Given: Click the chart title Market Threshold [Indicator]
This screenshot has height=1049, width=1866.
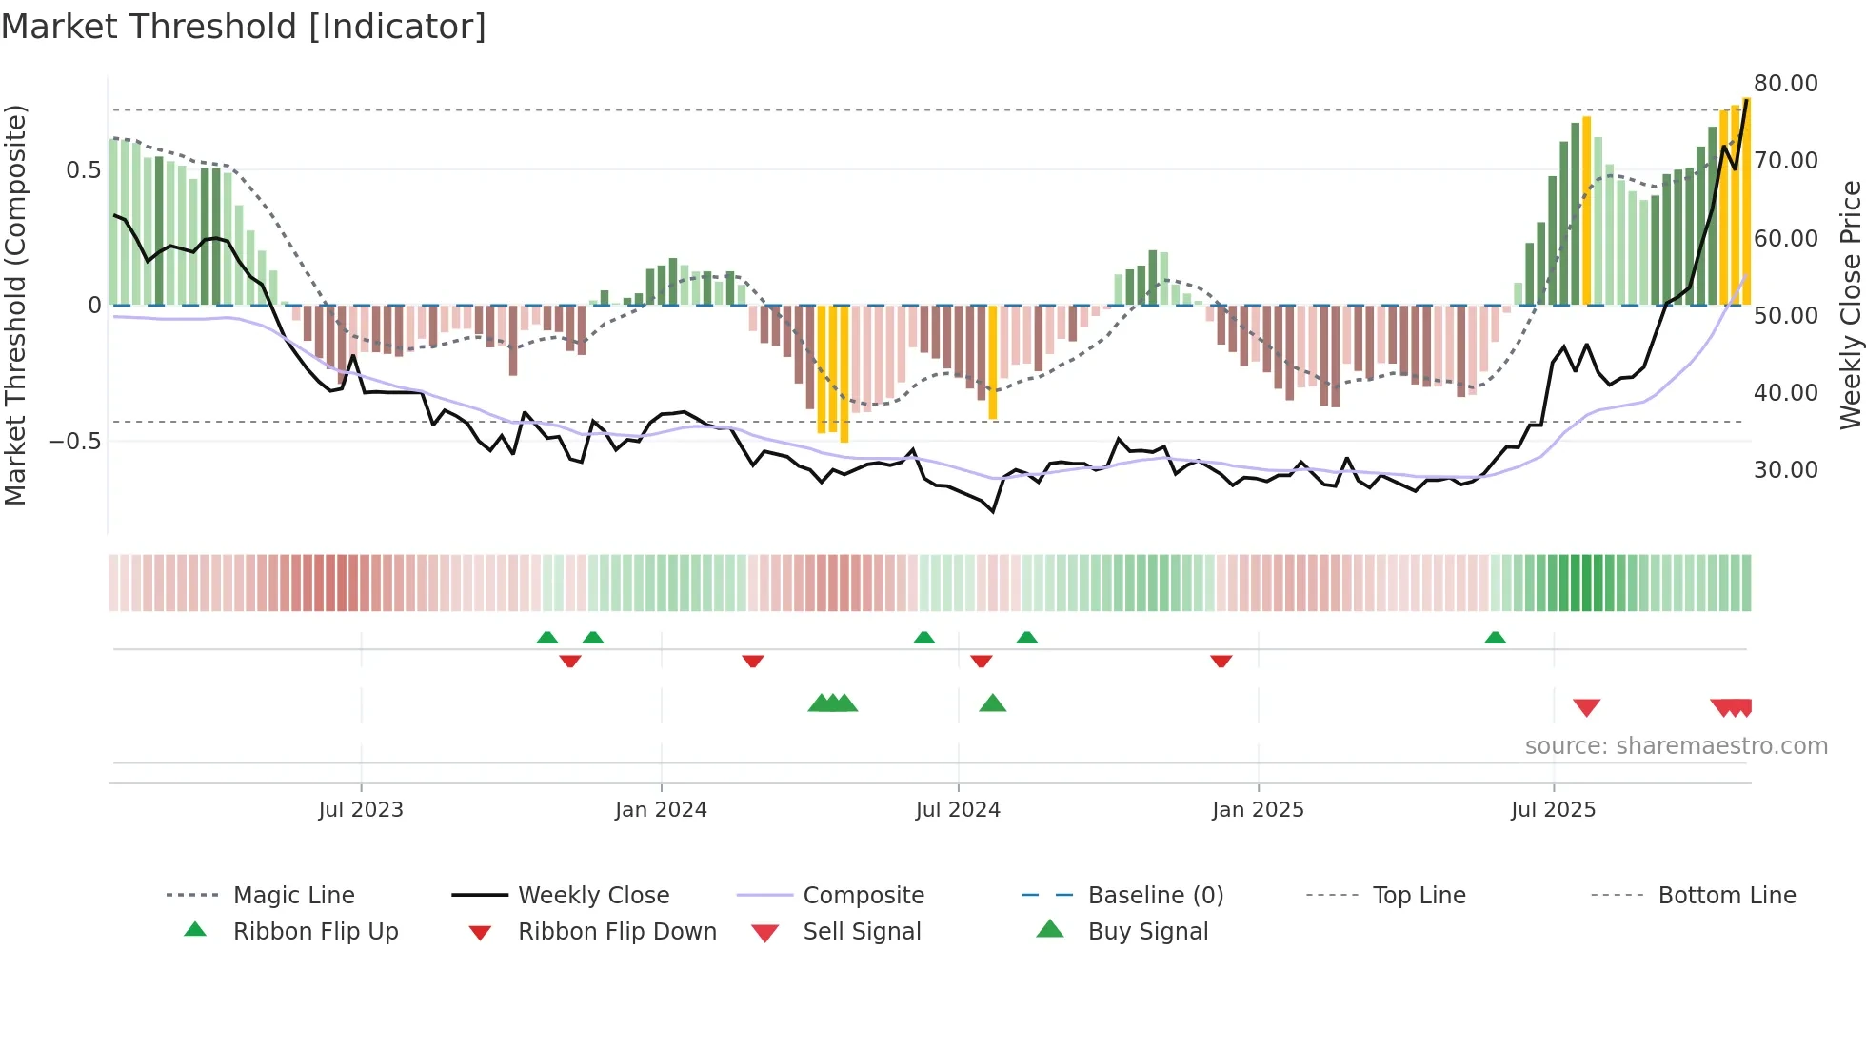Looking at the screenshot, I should tap(244, 27).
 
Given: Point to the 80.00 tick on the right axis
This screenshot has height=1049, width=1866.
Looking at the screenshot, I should tap(1785, 84).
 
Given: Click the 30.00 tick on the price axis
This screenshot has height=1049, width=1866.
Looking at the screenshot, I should tap(1785, 470).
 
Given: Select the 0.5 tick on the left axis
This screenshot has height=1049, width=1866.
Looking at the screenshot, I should tap(83, 170).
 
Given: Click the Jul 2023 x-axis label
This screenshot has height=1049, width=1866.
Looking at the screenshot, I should tap(361, 810).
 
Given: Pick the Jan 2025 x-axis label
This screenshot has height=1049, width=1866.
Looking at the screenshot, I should tap(1258, 810).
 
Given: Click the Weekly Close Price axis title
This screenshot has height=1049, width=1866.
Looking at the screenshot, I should tap(1850, 305).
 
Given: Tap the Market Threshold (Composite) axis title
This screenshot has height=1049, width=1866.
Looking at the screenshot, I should tap(15, 305).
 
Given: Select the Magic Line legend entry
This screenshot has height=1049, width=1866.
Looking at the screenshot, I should tap(293, 896).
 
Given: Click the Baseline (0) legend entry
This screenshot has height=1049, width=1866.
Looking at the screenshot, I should tap(1155, 896).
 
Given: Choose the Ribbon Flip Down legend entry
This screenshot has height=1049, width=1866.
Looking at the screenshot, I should tap(617, 932).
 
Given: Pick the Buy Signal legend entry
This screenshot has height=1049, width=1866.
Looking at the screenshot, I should tap(1147, 932).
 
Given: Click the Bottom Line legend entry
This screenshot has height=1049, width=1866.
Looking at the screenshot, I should tap(1726, 896).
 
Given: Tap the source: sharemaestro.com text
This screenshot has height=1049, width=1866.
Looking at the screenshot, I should tap(1676, 746).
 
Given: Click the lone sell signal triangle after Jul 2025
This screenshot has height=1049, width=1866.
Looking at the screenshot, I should tap(1586, 707).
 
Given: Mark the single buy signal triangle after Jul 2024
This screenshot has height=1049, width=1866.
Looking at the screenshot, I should tap(992, 703).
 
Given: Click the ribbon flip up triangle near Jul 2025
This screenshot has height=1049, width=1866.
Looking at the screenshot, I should tap(1495, 638).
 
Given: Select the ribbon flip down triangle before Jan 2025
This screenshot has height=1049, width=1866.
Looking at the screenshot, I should tap(1221, 661).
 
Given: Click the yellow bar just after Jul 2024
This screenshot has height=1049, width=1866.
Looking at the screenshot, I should tap(992, 362).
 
